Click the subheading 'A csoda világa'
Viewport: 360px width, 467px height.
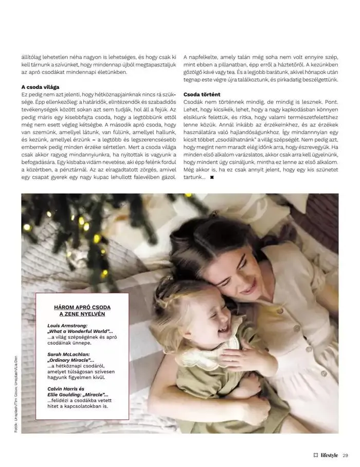(x=41, y=87)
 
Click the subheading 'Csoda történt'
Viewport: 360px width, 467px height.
(x=202, y=95)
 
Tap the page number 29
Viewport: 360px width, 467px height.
(x=346, y=455)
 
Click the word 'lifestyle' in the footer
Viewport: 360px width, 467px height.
(x=329, y=455)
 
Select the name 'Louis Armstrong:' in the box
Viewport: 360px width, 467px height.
(x=67, y=326)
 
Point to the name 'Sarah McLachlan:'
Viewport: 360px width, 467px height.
(x=68, y=354)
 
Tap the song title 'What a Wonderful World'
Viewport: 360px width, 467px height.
(x=79, y=331)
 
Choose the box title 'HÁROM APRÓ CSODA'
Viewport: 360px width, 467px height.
(x=82, y=307)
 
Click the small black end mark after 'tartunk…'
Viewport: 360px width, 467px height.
(x=212, y=178)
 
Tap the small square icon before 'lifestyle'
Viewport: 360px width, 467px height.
(x=316, y=455)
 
